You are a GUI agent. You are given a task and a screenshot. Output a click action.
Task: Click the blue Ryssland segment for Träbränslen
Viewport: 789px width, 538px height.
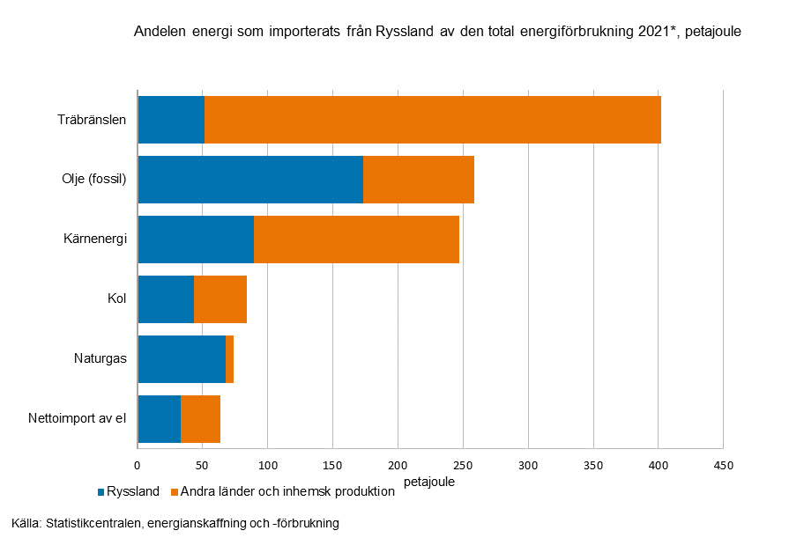pyautogui.click(x=171, y=120)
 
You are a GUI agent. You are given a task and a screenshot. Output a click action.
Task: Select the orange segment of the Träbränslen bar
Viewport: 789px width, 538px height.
pyautogui.click(x=432, y=120)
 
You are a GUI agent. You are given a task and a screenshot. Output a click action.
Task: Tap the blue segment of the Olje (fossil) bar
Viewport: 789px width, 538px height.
pyautogui.click(x=250, y=180)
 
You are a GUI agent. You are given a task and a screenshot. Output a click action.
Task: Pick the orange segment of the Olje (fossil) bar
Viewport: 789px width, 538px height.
pyautogui.click(x=419, y=180)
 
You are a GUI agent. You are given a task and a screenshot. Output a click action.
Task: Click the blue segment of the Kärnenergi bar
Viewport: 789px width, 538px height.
pyautogui.click(x=196, y=240)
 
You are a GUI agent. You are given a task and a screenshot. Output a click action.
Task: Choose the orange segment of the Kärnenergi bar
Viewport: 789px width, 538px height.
pyautogui.click(x=356, y=240)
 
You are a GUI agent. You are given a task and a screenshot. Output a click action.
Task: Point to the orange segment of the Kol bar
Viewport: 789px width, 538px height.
pyautogui.click(x=220, y=299)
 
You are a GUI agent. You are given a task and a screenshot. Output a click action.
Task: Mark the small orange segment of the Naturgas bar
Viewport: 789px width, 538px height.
pyautogui.click(x=229, y=359)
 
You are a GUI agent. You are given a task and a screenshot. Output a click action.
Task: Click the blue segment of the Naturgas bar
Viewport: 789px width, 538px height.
pyautogui.click(x=182, y=359)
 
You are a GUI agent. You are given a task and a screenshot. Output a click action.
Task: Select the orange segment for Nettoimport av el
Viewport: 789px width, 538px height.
pyautogui.click(x=200, y=419)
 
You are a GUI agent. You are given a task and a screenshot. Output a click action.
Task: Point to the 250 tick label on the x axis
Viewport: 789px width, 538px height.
pyautogui.click(x=463, y=465)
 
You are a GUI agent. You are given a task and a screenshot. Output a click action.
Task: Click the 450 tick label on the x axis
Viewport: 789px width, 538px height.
pyautogui.click(x=723, y=465)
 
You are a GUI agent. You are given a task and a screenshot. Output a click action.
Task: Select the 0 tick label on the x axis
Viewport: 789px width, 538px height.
pyautogui.click(x=138, y=465)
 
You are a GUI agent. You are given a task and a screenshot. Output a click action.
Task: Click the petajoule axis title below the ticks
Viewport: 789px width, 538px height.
pyautogui.click(x=429, y=483)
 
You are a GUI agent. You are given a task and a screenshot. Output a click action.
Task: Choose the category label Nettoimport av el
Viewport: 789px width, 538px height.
pyautogui.click(x=78, y=419)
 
